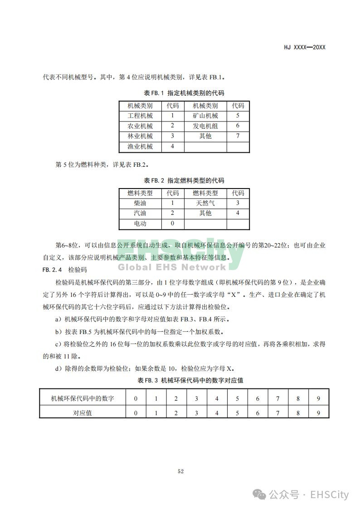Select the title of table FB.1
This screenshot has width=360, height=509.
(184, 93)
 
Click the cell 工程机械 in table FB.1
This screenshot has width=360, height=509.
(140, 116)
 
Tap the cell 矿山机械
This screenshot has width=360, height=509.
(205, 116)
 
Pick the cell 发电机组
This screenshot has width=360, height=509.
(205, 126)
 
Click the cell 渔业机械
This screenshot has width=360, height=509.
(140, 146)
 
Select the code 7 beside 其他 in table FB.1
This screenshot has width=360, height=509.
(238, 136)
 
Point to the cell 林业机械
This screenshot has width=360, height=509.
(140, 136)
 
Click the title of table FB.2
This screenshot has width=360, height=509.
(184, 180)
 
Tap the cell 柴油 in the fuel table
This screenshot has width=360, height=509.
(140, 203)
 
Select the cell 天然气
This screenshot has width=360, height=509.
(205, 203)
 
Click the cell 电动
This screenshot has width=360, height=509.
(140, 223)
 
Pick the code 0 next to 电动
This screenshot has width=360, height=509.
(172, 223)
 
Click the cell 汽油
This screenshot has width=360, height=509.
(140, 213)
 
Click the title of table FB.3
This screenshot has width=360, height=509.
(190, 380)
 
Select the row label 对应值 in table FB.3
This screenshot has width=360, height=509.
(83, 413)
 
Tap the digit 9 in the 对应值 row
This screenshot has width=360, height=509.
(319, 413)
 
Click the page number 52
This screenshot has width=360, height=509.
(180, 472)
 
